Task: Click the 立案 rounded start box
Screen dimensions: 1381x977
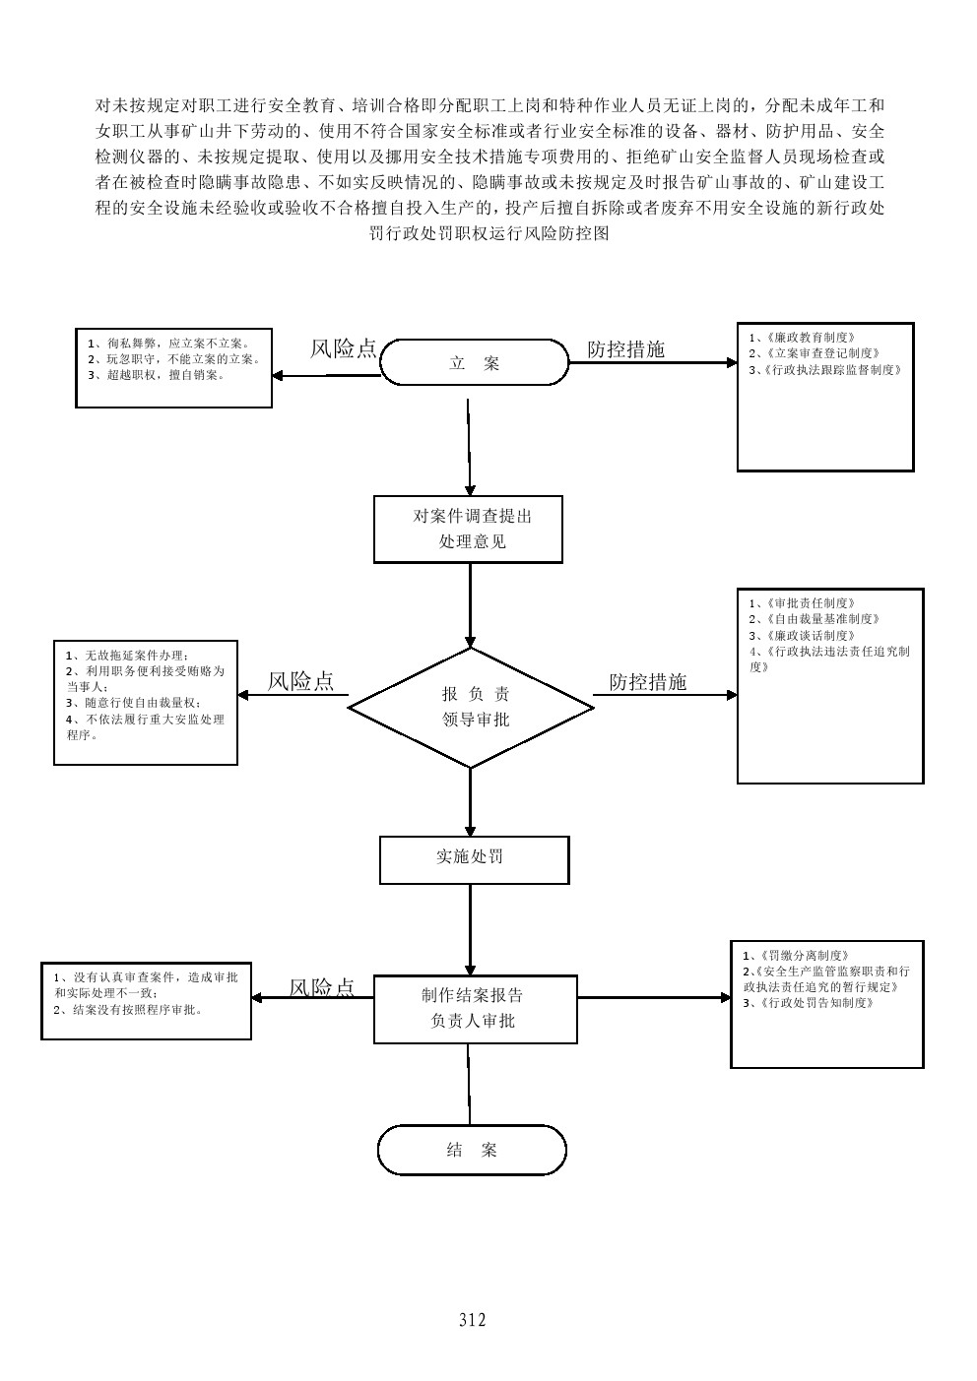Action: [474, 363]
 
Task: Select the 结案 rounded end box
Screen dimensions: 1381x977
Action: [472, 1151]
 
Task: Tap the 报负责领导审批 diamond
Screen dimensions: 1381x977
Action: [471, 707]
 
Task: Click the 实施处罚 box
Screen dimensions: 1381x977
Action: [474, 859]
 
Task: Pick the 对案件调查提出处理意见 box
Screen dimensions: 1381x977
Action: [468, 529]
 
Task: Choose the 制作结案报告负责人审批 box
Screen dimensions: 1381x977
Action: [475, 1009]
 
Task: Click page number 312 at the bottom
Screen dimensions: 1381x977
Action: [473, 1320]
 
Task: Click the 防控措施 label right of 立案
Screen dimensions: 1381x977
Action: [625, 349]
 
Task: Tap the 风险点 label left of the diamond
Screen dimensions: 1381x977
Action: [300, 681]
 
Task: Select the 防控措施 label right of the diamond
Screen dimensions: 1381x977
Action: [647, 681]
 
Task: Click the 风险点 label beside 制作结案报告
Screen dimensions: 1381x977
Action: [321, 988]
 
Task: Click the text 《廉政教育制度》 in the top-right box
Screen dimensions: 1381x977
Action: [802, 337]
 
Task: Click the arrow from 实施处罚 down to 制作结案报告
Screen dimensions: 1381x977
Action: [471, 929]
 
